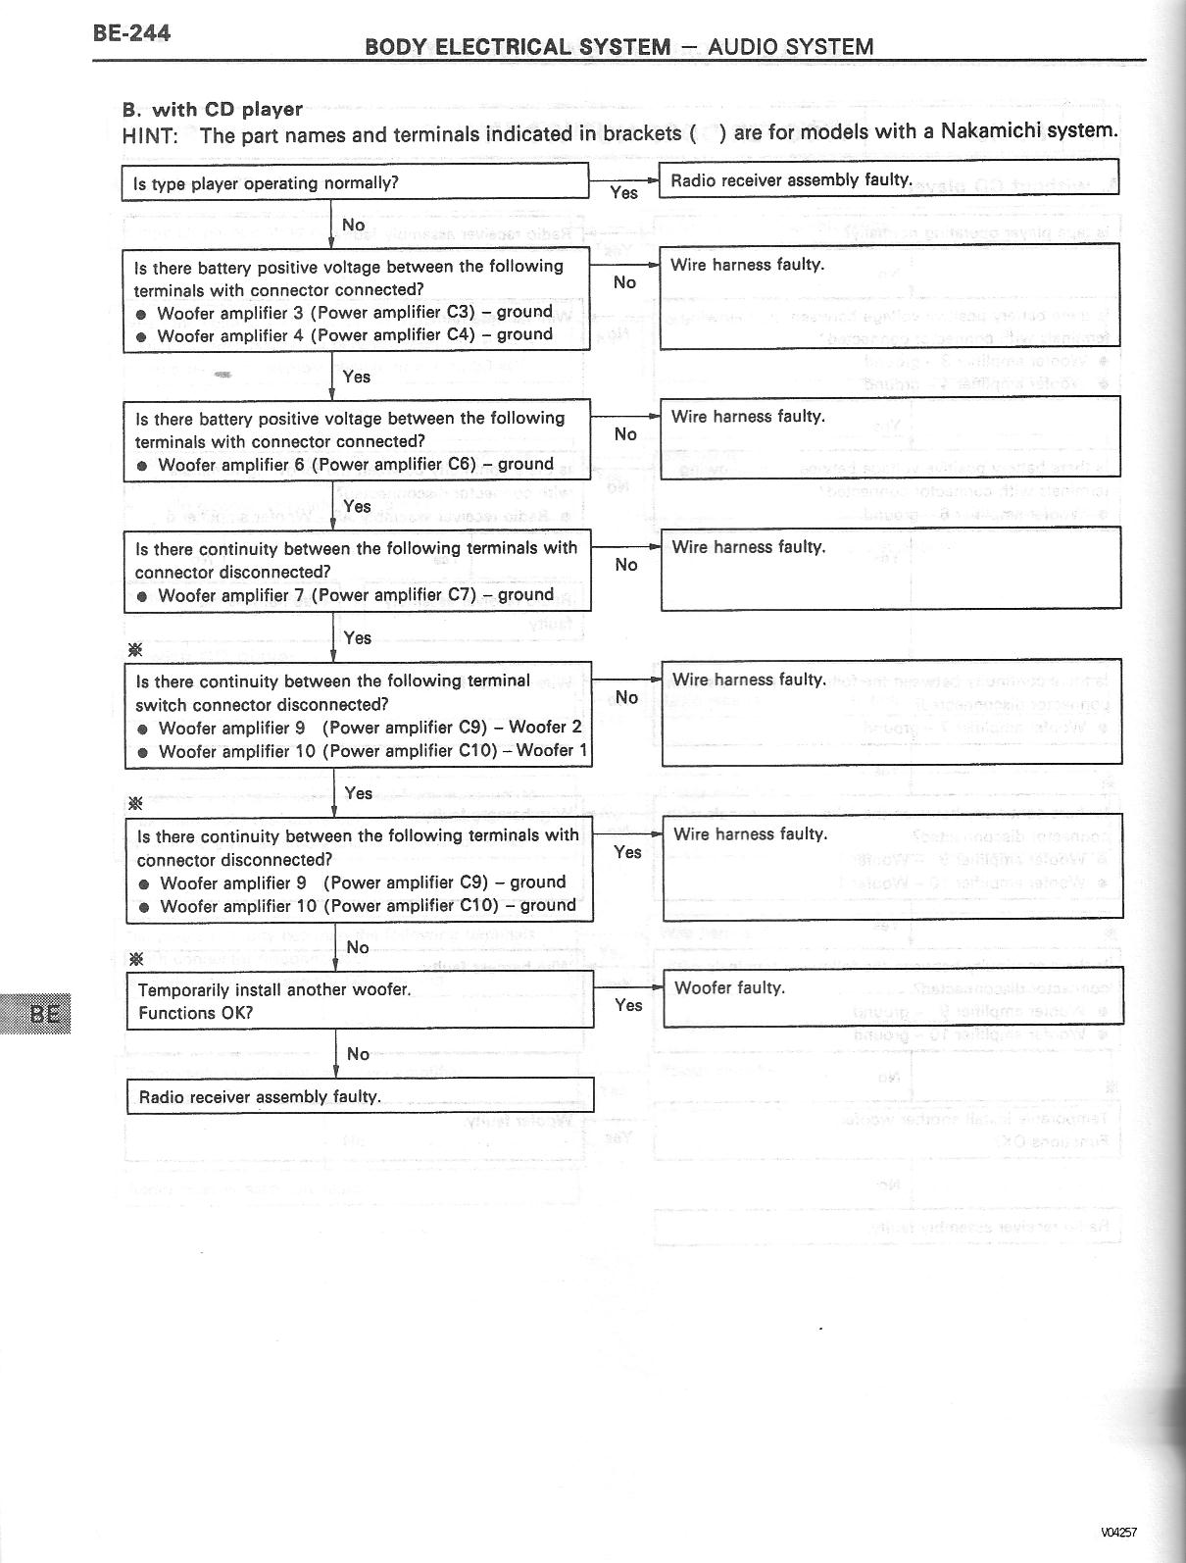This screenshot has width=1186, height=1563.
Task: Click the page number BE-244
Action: (x=131, y=33)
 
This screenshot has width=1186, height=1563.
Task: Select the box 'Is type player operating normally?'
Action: (x=354, y=183)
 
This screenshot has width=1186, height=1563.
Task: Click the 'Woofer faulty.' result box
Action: (x=892, y=995)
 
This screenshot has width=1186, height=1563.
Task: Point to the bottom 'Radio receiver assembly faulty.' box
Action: (x=360, y=1096)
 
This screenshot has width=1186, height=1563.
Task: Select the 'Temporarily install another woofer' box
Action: (x=360, y=1000)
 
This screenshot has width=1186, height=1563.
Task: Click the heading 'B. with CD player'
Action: (x=213, y=109)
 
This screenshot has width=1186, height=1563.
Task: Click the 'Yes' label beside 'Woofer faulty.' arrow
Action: (x=628, y=1005)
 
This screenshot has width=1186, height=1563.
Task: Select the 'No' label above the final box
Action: (x=358, y=1054)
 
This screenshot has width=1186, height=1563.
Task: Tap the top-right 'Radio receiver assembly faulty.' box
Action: (x=888, y=179)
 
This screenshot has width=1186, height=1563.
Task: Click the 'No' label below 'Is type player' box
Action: (x=353, y=226)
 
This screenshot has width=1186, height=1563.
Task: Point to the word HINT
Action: (x=150, y=135)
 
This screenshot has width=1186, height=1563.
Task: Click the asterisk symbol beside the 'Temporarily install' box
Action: (x=136, y=958)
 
